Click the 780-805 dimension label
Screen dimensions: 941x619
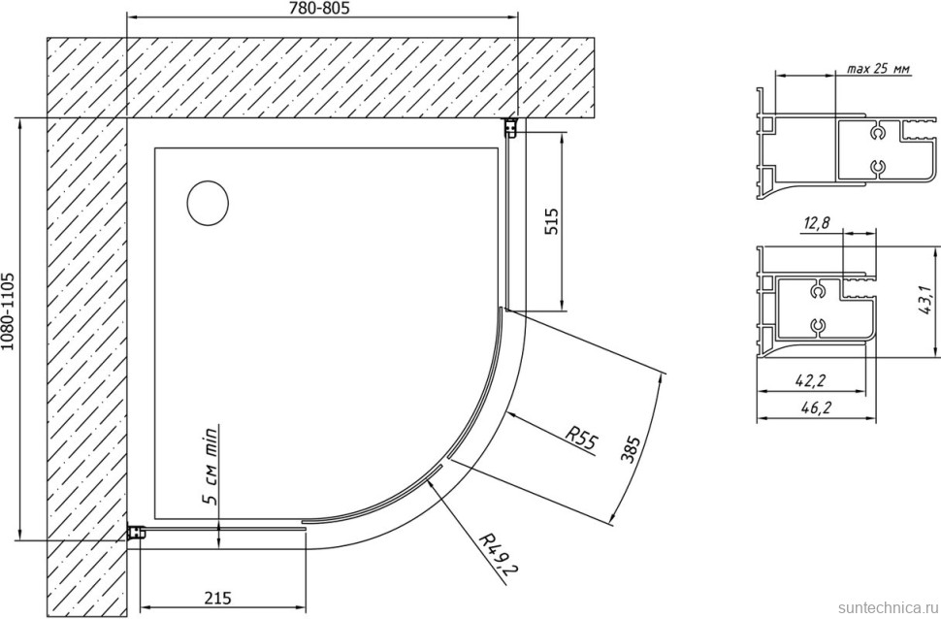318,8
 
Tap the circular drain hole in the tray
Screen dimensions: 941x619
208,203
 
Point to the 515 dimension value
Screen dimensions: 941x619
551,221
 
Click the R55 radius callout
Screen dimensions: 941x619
581,437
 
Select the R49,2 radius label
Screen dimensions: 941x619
499,552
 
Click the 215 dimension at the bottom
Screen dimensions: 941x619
217,598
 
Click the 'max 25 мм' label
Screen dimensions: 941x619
878,69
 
